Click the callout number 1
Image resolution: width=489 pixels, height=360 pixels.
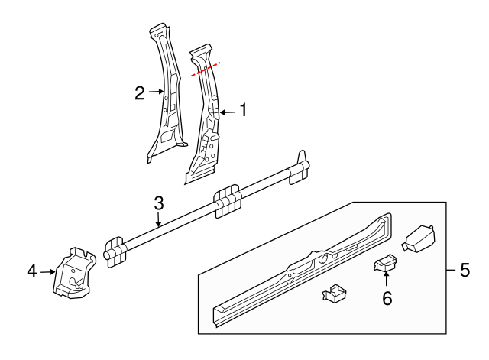[243, 111]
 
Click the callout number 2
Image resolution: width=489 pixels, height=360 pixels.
[139, 93]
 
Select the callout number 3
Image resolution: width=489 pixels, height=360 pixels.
[159, 203]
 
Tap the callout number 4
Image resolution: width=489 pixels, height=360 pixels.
[32, 270]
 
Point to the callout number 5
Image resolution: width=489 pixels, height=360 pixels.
[465, 270]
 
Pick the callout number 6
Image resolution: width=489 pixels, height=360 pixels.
[387, 299]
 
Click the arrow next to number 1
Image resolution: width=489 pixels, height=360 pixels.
[226, 112]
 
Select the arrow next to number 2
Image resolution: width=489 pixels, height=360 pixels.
[157, 92]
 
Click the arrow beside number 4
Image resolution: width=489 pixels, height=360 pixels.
[49, 270]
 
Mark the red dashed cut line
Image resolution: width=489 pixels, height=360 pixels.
[206, 69]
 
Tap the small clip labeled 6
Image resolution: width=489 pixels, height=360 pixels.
[385, 262]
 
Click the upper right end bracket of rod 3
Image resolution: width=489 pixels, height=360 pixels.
[300, 169]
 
